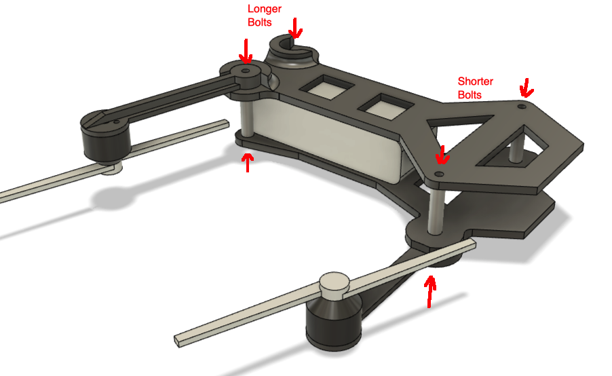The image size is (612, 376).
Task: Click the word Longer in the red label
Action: tap(264, 10)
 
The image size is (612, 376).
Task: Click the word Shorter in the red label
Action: tap(475, 81)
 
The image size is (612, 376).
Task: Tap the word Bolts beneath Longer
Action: tap(260, 22)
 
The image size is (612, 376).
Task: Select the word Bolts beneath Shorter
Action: tap(470, 95)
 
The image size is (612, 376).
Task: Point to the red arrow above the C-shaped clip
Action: tap(295, 28)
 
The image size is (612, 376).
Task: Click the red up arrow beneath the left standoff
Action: tap(248, 162)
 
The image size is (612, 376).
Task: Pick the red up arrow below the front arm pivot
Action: tap(430, 292)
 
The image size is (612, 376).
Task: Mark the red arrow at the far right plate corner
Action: tap(527, 88)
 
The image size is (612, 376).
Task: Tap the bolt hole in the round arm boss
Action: tap(246, 71)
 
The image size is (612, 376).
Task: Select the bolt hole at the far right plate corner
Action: tap(522, 106)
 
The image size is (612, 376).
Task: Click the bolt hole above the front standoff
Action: tap(440, 173)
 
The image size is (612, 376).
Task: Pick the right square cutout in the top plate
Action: tap(385, 106)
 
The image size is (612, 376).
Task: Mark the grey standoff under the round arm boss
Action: tap(246, 117)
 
